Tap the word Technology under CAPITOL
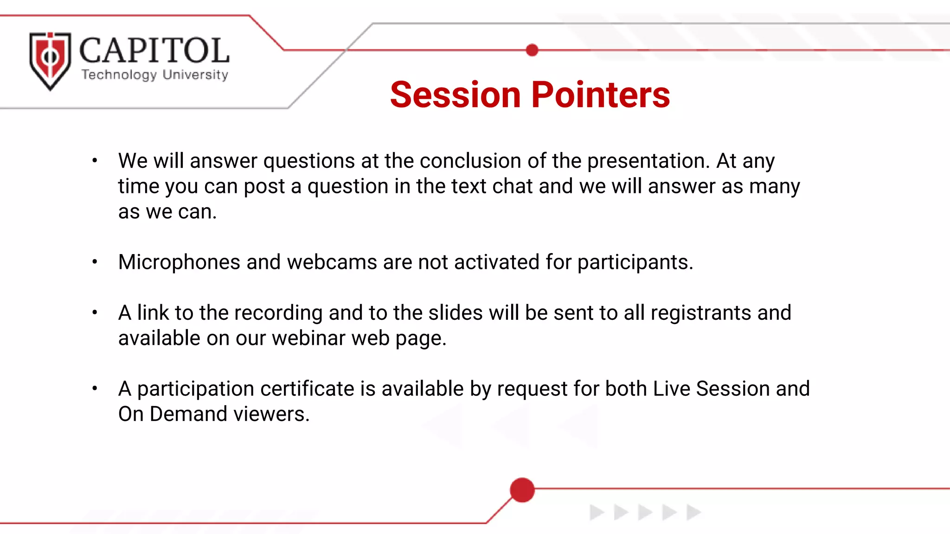[119, 75]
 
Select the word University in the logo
[195, 75]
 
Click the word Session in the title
[455, 95]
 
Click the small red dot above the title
[532, 50]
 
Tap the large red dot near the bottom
[522, 490]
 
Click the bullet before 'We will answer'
[95, 161]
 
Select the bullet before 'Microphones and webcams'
[95, 262]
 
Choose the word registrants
[700, 313]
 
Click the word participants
[635, 262]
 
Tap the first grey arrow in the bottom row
[596, 513]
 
